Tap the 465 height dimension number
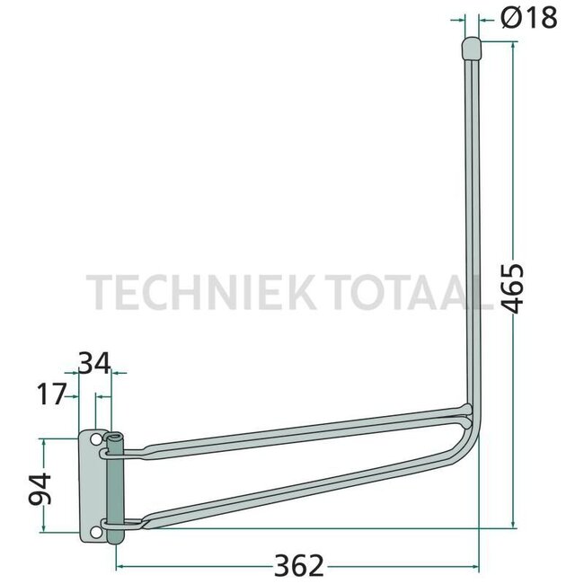[512, 288]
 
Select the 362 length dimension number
[296, 565]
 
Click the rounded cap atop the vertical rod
[471, 47]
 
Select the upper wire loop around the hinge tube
[119, 450]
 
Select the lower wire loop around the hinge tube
[119, 521]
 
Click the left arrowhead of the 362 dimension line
[121, 566]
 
